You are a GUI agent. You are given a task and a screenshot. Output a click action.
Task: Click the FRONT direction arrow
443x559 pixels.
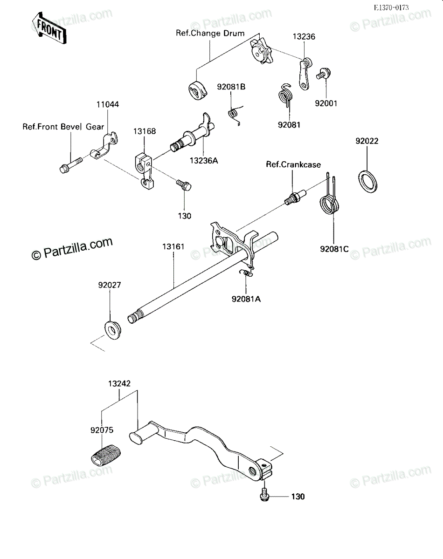49,28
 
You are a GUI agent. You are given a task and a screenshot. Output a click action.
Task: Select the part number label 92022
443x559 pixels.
367,141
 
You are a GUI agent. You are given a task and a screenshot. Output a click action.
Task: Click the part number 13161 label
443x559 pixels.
173,246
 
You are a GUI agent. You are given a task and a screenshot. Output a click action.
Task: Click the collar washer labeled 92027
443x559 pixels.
113,330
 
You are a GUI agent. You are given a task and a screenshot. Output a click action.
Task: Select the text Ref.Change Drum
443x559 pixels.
210,33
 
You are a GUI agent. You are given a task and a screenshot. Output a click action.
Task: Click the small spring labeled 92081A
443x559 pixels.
246,273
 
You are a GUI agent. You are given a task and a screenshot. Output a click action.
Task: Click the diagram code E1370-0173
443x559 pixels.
391,8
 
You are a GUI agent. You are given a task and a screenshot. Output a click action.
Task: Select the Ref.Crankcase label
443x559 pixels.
293,165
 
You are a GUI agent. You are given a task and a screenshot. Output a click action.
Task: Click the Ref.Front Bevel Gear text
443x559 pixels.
63,127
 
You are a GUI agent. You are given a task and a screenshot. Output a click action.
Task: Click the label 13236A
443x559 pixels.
204,161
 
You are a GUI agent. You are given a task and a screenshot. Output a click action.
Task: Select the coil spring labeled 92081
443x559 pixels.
286,95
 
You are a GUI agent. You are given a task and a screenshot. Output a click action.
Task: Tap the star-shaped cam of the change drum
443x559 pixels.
261,51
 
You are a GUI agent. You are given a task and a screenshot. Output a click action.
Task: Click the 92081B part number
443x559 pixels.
231,87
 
